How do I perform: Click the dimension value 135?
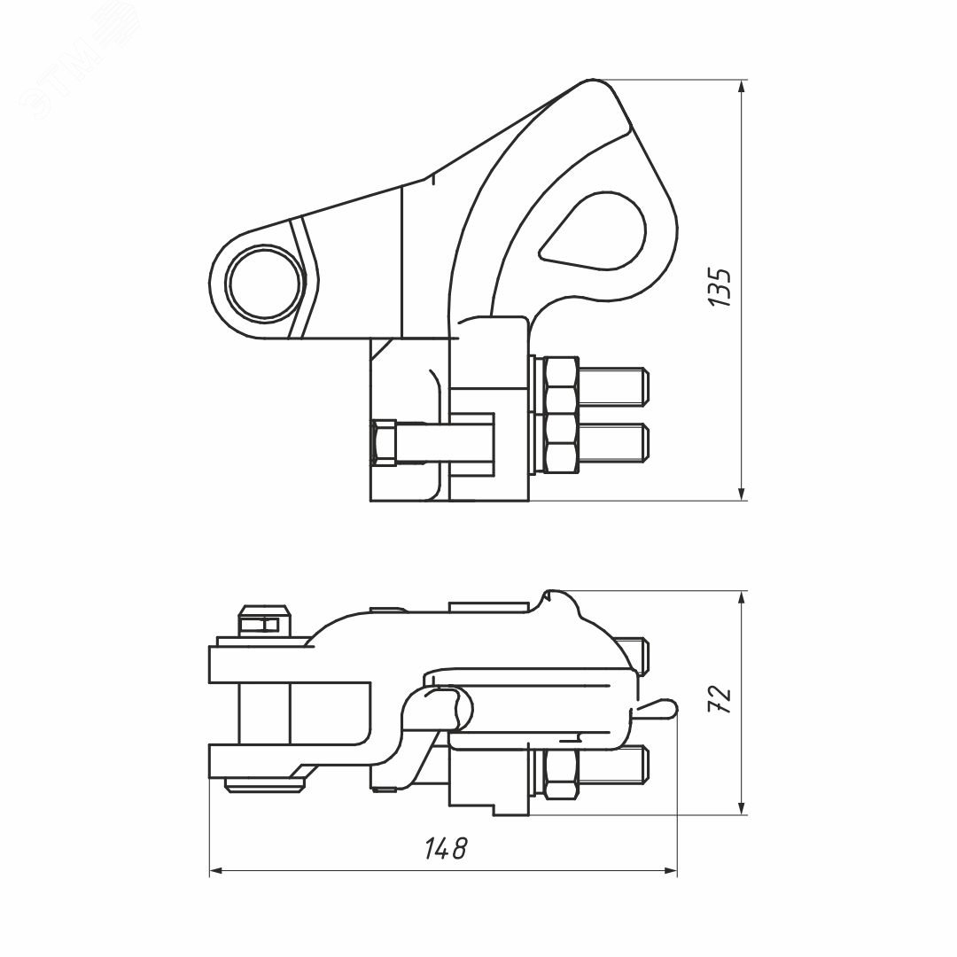pyautogui.click(x=722, y=286)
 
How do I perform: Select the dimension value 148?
pyautogui.click(x=445, y=849)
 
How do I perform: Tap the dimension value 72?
pyautogui.click(x=722, y=700)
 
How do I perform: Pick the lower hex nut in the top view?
pyautogui.click(x=562, y=443)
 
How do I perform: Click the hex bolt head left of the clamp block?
pyautogui.click(x=385, y=443)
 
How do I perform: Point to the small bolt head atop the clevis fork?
pyautogui.click(x=263, y=622)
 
